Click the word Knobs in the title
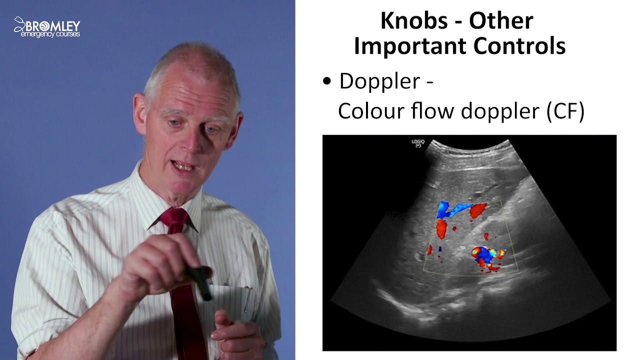(x=413, y=21)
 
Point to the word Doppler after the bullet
(x=379, y=81)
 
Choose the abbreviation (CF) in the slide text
(x=565, y=111)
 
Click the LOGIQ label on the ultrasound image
(x=417, y=143)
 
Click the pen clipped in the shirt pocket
(x=247, y=300)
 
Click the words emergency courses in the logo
(x=50, y=34)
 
